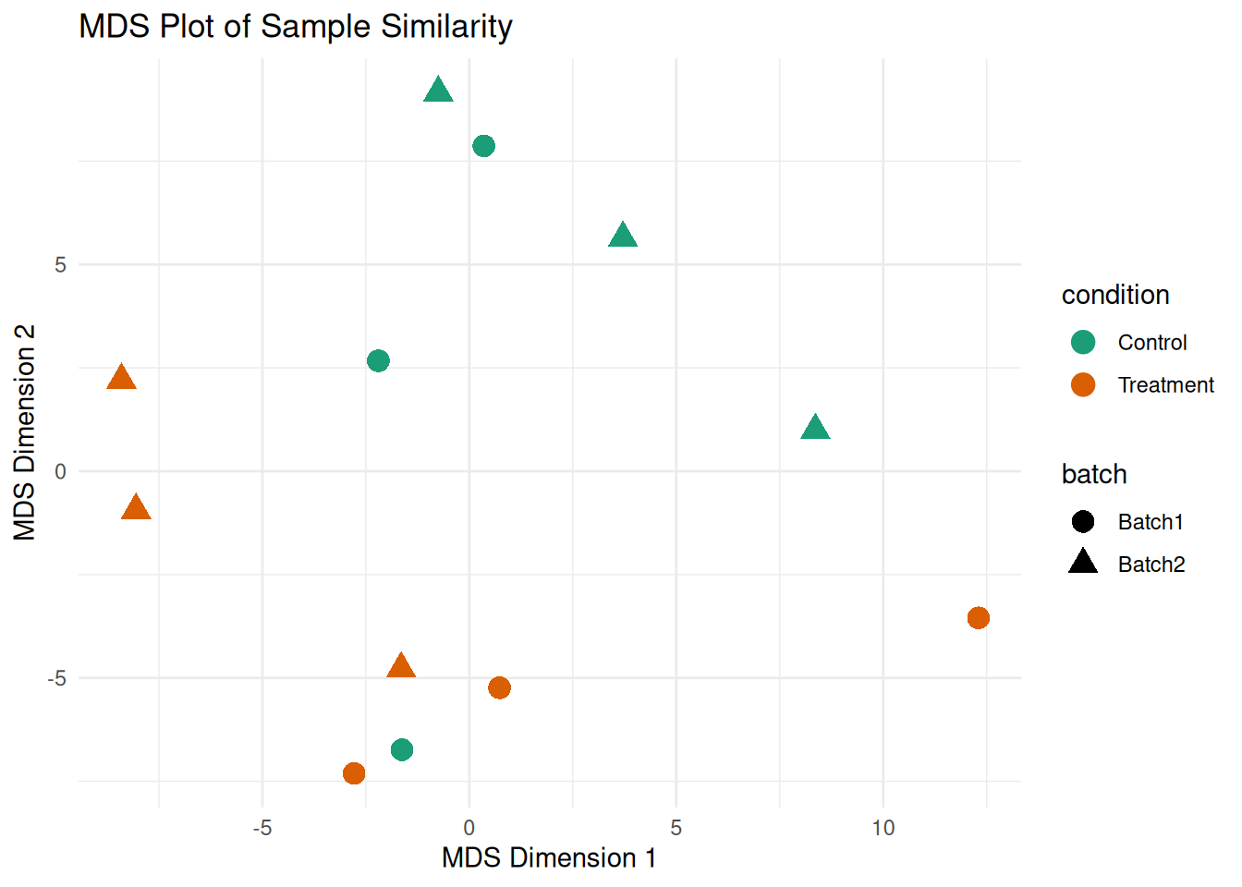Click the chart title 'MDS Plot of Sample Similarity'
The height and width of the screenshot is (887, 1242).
tap(296, 27)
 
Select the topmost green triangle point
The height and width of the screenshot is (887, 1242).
tap(438, 91)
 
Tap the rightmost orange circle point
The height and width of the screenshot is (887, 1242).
tap(979, 618)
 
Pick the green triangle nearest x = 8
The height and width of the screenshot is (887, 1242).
tap(815, 428)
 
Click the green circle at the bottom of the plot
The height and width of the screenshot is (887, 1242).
tap(402, 749)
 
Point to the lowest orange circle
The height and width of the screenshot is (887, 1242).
tap(354, 773)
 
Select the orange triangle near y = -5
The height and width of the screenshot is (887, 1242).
tap(401, 666)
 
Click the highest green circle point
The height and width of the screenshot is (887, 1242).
tap(483, 146)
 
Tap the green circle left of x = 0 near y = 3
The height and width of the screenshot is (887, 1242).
tap(378, 360)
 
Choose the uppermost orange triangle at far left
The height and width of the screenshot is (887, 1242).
tap(121, 378)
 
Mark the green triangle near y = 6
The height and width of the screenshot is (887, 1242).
tap(623, 236)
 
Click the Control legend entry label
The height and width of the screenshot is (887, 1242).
tap(1151, 343)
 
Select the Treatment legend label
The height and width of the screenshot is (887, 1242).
tap(1165, 385)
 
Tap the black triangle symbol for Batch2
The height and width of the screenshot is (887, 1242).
tap(1083, 562)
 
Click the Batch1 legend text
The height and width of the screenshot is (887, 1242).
tap(1151, 522)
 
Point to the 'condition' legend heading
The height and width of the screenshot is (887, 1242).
tap(1115, 295)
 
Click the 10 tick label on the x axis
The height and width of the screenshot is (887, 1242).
tap(883, 828)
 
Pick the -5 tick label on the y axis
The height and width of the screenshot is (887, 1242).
tap(57, 678)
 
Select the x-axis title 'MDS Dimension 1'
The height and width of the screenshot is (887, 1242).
tap(549, 858)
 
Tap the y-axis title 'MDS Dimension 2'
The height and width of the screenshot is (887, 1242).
tap(25, 432)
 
